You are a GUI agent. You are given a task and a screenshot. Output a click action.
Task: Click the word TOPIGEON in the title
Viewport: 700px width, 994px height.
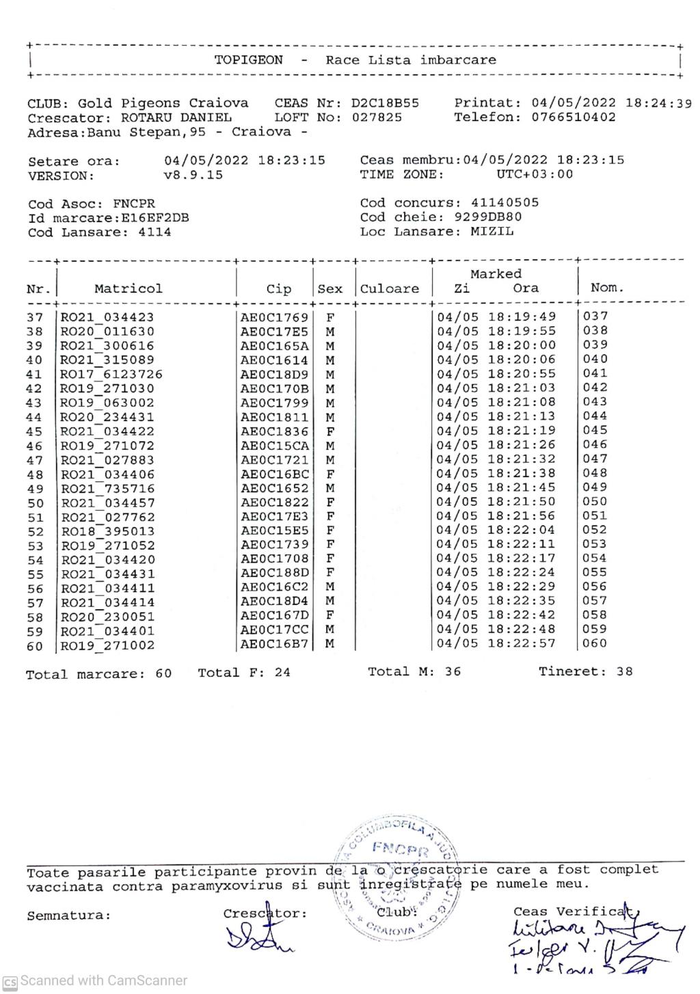(248, 59)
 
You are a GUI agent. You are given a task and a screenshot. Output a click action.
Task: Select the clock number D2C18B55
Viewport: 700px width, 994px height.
(385, 103)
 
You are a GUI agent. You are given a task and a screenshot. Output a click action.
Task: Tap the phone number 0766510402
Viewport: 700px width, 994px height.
(574, 117)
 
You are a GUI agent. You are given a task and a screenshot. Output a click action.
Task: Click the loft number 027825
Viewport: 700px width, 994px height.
(377, 117)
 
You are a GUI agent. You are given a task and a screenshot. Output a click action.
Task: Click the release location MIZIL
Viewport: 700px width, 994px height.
(492, 231)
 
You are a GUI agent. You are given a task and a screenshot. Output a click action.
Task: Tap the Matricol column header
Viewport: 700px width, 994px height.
(129, 288)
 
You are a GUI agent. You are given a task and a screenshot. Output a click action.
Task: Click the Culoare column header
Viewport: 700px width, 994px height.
(390, 288)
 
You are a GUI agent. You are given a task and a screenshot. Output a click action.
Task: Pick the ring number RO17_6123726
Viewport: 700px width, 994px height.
(112, 375)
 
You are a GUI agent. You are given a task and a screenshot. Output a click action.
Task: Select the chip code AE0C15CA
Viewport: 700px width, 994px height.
(274, 446)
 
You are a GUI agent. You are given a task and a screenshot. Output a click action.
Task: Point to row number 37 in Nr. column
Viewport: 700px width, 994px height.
(35, 317)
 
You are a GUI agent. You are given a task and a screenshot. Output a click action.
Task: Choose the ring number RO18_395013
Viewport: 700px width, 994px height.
(108, 532)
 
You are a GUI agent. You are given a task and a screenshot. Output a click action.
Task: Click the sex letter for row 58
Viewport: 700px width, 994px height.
(330, 615)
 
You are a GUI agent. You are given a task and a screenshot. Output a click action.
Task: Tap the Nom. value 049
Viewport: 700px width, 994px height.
(595, 487)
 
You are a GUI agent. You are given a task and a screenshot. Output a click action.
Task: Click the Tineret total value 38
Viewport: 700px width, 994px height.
(624, 671)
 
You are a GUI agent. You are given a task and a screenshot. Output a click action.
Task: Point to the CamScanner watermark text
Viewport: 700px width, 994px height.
(96, 980)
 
